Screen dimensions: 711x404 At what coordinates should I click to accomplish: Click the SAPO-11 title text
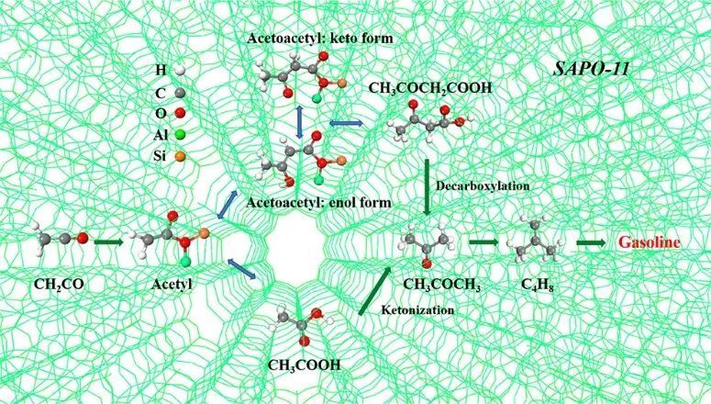(592, 69)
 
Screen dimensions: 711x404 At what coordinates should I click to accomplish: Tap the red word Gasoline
(650, 242)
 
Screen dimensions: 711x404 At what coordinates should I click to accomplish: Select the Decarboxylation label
(483, 185)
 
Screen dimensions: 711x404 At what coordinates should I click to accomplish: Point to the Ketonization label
(417, 310)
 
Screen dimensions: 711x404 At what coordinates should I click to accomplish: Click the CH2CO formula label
(59, 285)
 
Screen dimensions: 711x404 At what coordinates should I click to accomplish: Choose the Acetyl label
(172, 285)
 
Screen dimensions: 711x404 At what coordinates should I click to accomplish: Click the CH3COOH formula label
(304, 365)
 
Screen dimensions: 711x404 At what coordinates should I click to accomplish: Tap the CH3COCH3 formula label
(441, 285)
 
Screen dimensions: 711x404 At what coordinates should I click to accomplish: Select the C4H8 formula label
(537, 285)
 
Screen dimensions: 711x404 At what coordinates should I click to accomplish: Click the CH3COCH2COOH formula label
(430, 87)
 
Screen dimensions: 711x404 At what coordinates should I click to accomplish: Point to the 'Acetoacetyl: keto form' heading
(320, 39)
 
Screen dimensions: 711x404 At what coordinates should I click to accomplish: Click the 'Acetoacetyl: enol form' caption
(318, 202)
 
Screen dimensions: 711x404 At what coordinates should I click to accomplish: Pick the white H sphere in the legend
(180, 71)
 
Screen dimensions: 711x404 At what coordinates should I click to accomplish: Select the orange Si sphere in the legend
(180, 157)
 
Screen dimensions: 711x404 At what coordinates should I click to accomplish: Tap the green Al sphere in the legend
(180, 135)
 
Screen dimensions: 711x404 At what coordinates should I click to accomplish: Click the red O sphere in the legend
(180, 113)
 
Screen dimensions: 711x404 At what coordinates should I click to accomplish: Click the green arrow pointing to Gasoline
(591, 242)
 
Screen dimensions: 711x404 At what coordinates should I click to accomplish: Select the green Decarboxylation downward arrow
(427, 187)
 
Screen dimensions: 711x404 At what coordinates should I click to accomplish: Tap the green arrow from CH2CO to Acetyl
(108, 242)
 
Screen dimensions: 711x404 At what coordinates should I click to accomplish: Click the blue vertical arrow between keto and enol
(299, 121)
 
